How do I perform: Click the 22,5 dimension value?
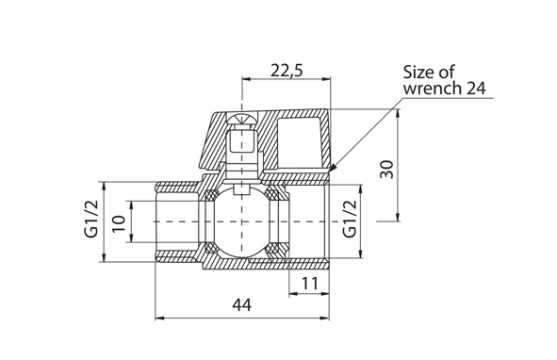click(x=287, y=70)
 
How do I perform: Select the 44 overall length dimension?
click(x=241, y=305)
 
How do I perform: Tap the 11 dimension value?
click(x=310, y=284)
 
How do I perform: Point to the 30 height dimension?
click(x=386, y=170)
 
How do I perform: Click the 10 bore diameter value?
click(x=119, y=222)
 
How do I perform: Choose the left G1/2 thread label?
click(x=90, y=219)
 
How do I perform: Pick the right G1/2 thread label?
click(x=350, y=219)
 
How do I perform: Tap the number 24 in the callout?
click(x=476, y=89)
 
